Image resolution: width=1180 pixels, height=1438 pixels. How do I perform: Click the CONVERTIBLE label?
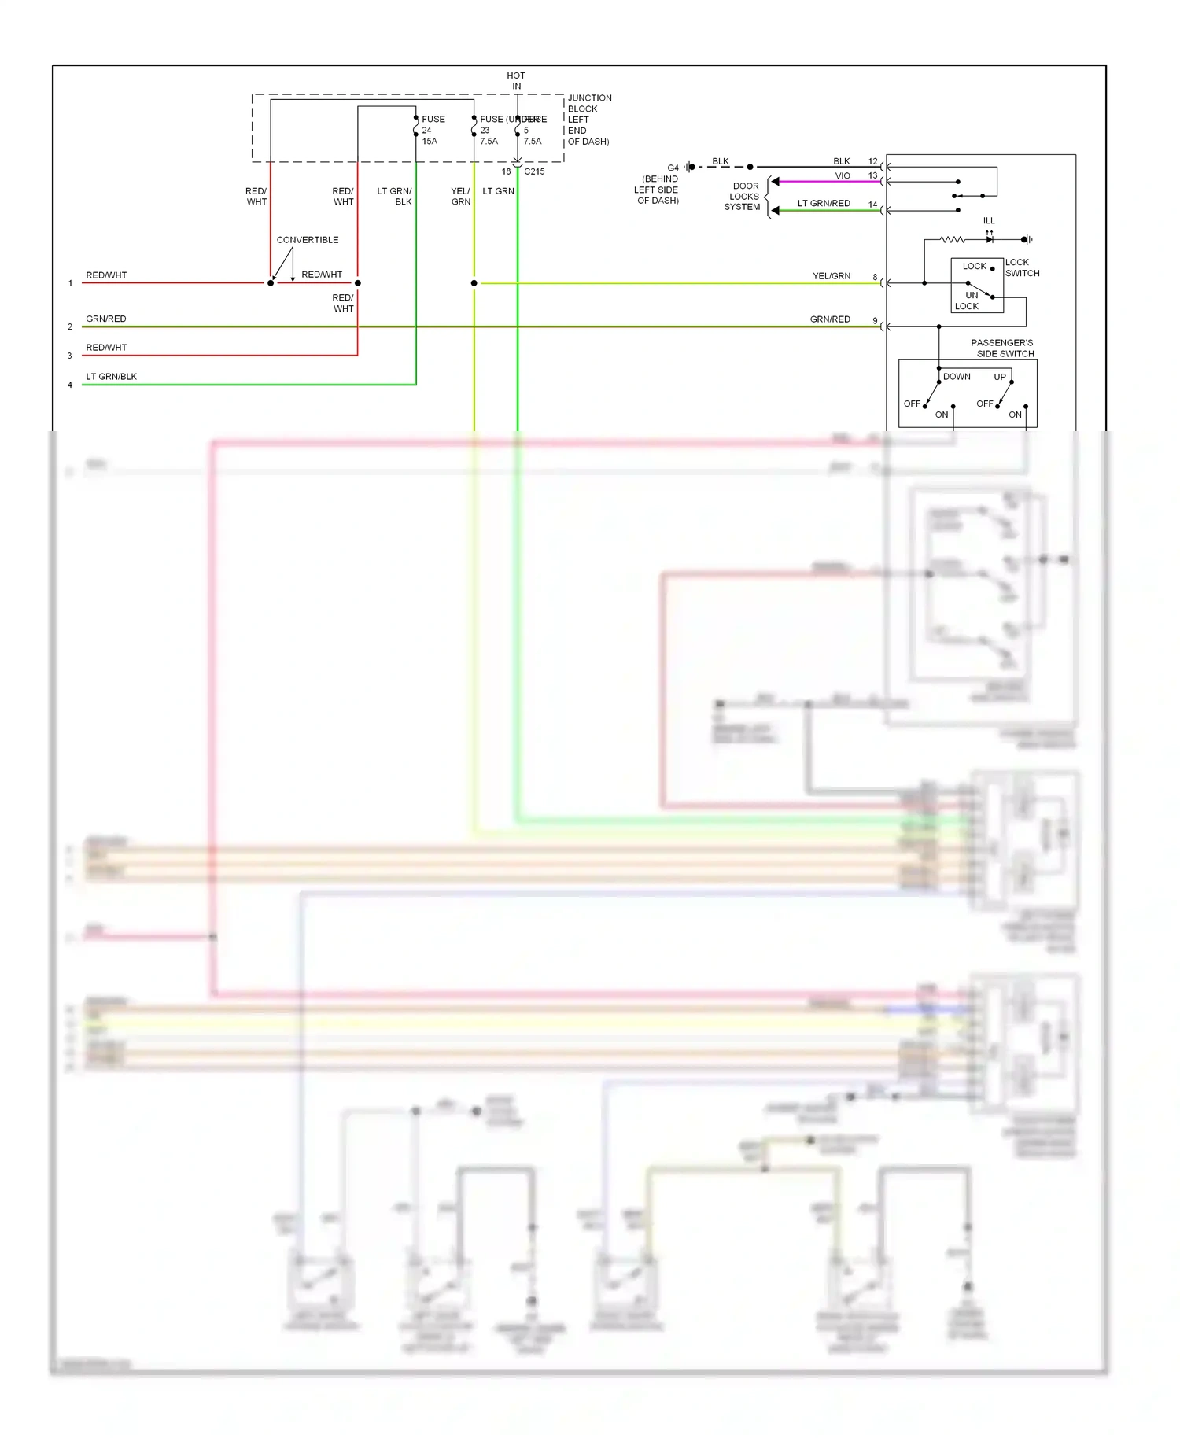(x=308, y=240)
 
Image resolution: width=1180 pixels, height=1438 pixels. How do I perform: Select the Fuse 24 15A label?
(x=432, y=131)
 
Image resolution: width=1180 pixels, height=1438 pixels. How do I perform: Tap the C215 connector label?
(x=534, y=171)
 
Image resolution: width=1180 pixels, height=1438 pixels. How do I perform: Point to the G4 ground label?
(x=673, y=168)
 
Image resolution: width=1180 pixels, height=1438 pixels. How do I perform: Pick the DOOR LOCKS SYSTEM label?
(x=743, y=197)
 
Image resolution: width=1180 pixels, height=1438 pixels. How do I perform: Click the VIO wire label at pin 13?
(x=843, y=176)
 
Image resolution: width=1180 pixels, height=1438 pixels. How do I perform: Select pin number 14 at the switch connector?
(x=872, y=205)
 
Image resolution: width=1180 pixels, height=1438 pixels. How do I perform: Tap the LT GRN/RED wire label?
(x=824, y=204)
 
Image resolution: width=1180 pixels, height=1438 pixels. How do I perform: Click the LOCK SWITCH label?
(x=1022, y=267)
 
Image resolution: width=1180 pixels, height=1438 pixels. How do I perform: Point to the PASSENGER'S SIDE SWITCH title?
(x=1002, y=348)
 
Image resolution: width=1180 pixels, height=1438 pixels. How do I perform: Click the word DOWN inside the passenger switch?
(x=957, y=377)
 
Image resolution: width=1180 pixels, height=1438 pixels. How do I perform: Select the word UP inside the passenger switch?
(x=999, y=377)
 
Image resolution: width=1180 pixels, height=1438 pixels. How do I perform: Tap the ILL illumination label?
(x=989, y=221)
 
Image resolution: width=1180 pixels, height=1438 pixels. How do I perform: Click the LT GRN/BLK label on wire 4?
(x=111, y=377)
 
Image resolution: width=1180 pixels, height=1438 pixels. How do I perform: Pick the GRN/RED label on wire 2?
(x=105, y=319)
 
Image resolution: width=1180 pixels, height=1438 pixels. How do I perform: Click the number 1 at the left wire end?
(x=70, y=283)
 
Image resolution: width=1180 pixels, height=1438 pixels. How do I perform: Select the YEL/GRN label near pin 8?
(x=832, y=276)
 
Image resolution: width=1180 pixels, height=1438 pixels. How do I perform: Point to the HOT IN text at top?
(x=516, y=81)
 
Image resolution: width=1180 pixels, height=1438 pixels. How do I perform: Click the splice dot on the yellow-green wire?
(x=474, y=283)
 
